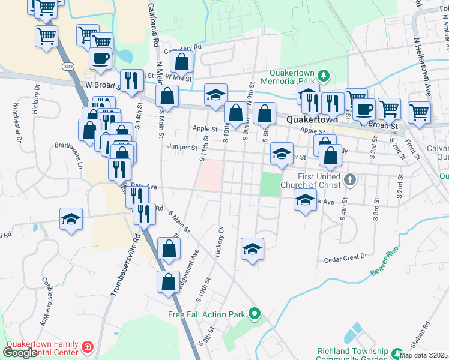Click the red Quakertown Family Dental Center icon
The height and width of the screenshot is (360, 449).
88,347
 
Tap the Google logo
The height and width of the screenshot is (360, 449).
20,353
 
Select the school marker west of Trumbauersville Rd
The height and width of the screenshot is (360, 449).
71,220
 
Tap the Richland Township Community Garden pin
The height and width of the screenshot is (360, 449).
396,353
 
